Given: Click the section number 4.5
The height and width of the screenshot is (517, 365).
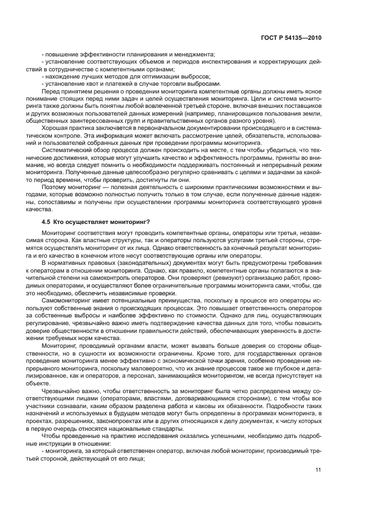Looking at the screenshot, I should pyautogui.click(x=46, y=222).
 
